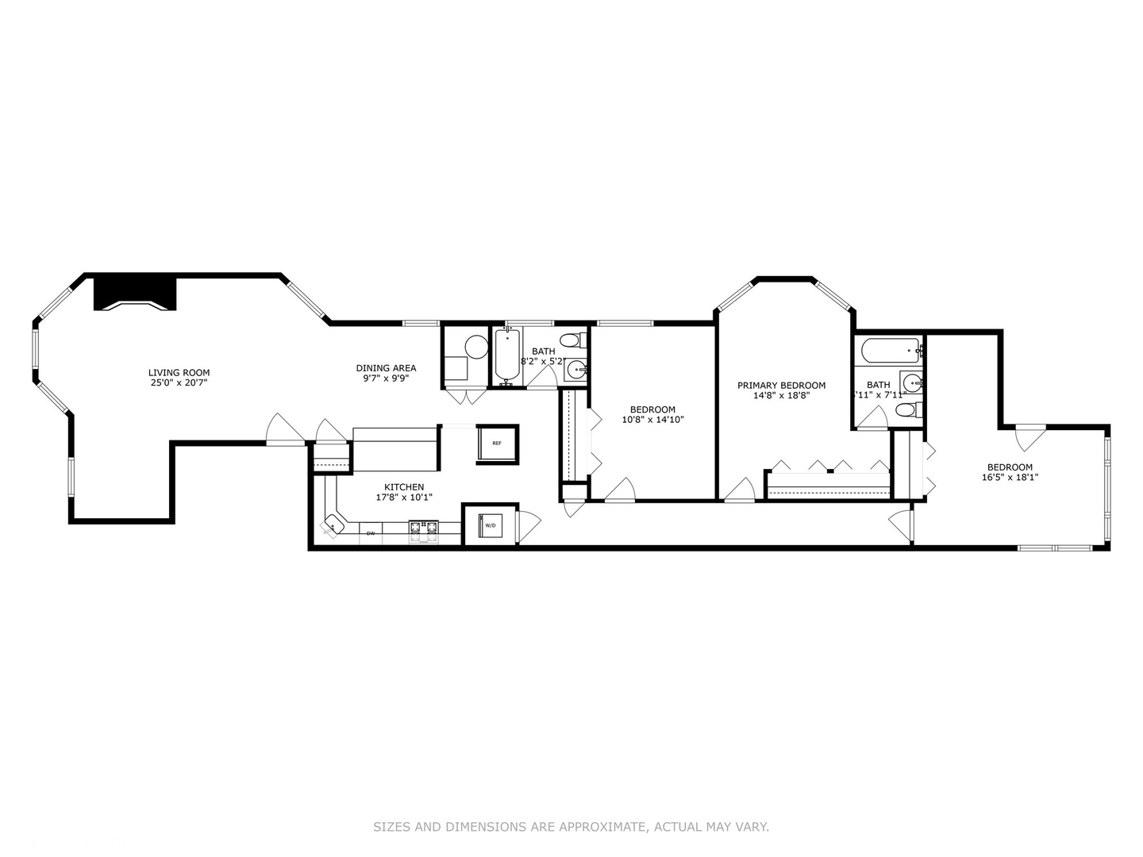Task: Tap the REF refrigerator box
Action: [x=497, y=444]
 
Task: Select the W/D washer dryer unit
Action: [x=490, y=525]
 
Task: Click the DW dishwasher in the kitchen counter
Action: [x=371, y=533]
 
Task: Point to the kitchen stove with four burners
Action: [x=423, y=531]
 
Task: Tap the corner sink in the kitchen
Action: [x=333, y=525]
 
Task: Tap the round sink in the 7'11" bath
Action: [x=910, y=382]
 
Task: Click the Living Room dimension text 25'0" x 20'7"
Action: [x=179, y=382]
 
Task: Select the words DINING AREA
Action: [x=386, y=368]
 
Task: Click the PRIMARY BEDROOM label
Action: [x=781, y=386]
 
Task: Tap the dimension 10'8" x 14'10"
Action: [x=652, y=420]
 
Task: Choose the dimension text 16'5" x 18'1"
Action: [x=1010, y=478]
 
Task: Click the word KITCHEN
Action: [x=404, y=487]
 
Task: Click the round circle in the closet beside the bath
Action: [x=475, y=347]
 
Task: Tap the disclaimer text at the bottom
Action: [x=571, y=827]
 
